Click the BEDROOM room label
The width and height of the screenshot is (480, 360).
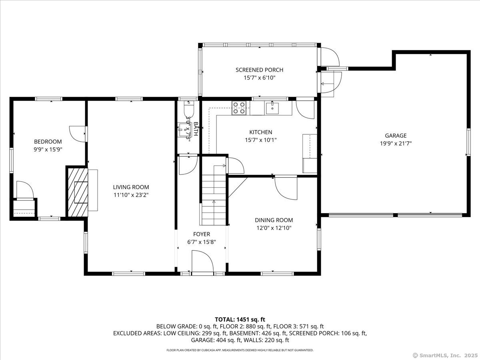[48, 142]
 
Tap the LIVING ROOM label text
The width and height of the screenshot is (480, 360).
[131, 187]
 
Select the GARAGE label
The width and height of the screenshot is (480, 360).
[396, 136]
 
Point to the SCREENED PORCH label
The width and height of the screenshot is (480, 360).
[259, 70]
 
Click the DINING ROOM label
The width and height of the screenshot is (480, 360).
[274, 220]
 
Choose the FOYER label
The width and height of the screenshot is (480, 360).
[202, 234]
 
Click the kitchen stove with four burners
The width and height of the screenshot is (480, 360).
[239, 108]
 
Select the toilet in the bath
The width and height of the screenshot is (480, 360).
[188, 109]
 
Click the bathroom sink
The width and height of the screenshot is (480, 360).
[184, 128]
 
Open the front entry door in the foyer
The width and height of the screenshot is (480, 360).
[202, 262]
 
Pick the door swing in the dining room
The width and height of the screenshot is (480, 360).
[286, 188]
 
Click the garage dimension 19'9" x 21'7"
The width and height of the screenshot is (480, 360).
[396, 143]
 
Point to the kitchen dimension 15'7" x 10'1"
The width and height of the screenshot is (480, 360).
[261, 140]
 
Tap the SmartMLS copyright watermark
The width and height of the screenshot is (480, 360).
[444, 355]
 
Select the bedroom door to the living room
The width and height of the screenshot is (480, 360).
[78, 133]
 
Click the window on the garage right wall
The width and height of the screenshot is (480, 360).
[468, 142]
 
